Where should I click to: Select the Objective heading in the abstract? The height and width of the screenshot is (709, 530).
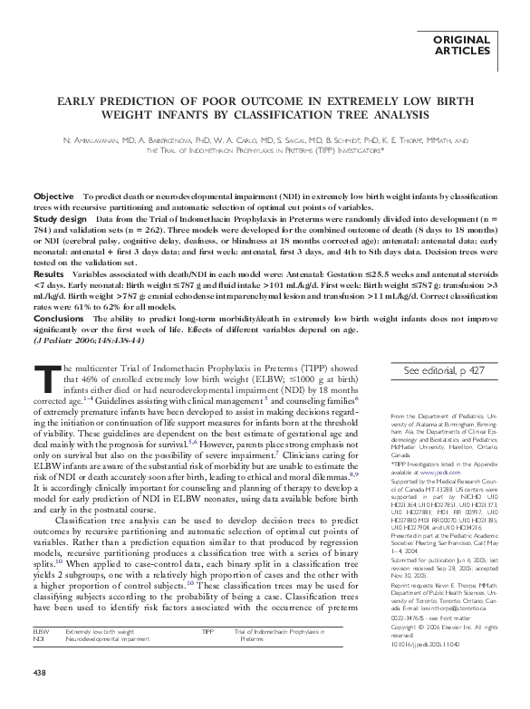[x=53, y=196]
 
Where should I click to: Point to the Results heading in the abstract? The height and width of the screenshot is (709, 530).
[x=49, y=273]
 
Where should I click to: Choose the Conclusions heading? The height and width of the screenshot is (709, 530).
[x=59, y=316]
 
